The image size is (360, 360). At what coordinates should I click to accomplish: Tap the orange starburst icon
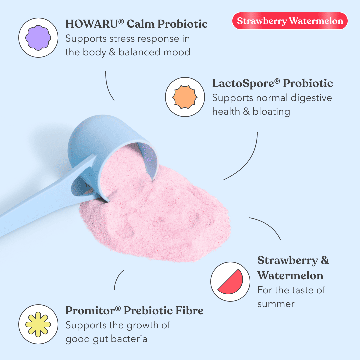pos(185,97)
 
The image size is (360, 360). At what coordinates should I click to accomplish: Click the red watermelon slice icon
pos(230,282)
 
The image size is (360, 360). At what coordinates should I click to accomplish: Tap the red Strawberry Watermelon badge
pos(290,21)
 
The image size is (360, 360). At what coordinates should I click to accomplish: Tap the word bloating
pos(271,111)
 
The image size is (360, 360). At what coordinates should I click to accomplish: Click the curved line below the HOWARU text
pos(109,86)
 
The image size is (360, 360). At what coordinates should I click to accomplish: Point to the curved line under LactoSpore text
pos(248,160)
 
